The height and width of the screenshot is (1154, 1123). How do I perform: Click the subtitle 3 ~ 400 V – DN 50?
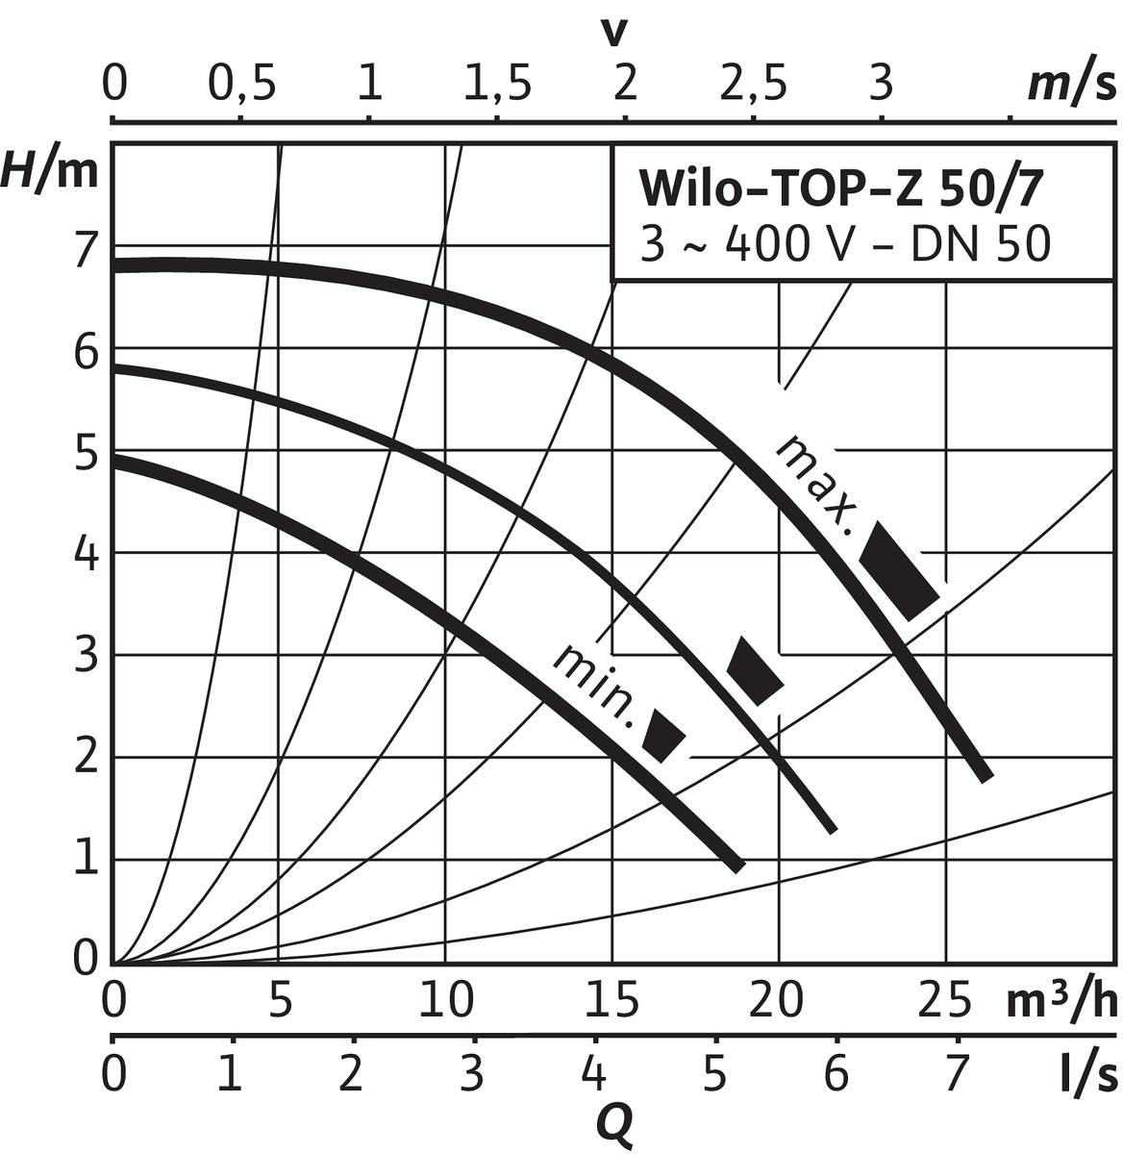tap(845, 244)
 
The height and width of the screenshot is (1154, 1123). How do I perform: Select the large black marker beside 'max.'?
tap(898, 571)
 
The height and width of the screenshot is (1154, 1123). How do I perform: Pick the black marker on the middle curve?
tap(755, 670)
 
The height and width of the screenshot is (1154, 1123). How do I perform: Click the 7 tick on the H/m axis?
tap(87, 250)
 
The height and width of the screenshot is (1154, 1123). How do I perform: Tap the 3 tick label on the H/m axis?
tap(87, 657)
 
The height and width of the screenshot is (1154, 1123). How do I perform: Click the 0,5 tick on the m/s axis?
tap(242, 86)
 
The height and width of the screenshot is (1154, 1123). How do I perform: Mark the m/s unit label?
tap(1071, 86)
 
